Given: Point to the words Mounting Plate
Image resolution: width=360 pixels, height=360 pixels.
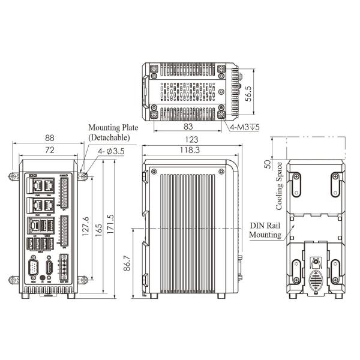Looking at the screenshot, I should (x=113, y=128).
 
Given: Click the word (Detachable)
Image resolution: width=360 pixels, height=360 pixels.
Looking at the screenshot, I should (x=112, y=137).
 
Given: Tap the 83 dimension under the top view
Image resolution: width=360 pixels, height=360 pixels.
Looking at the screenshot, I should (x=188, y=127).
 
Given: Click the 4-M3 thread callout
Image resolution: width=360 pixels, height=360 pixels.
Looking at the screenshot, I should (x=244, y=127).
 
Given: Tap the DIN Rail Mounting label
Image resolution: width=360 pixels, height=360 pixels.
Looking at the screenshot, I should (x=265, y=230).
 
